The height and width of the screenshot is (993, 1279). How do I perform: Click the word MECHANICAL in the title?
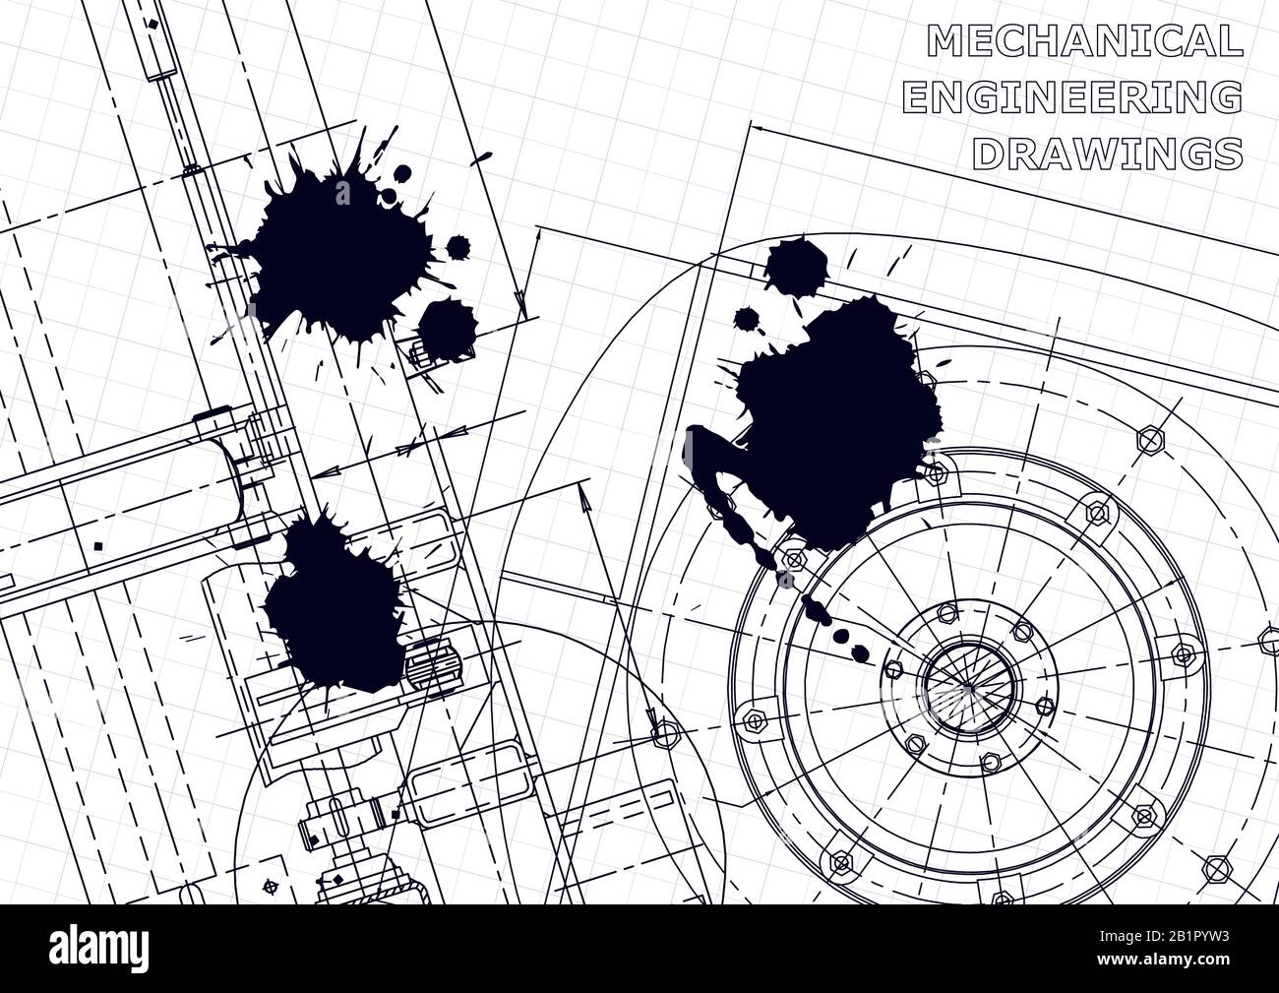1083,40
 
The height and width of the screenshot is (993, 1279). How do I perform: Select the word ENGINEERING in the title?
1071,97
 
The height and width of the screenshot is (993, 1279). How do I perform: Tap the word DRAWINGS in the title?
1106,154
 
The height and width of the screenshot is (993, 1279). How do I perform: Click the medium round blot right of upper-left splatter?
448,325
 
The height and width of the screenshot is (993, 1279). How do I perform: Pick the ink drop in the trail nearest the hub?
864,651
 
